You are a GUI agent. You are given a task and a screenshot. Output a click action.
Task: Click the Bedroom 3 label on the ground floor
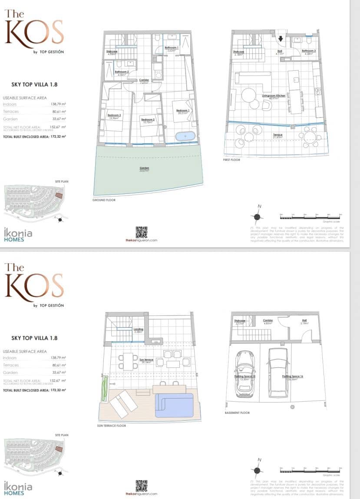pos(115,116)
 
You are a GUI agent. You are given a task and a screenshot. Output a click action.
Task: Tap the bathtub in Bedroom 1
pos(186,136)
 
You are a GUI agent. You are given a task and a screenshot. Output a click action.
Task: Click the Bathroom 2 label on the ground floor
pos(122,73)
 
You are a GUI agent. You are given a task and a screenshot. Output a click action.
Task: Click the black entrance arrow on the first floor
pos(281,39)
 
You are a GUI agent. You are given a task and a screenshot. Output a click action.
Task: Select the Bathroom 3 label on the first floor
pos(309,51)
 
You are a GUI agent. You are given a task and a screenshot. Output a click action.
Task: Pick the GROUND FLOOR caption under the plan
pos(104,200)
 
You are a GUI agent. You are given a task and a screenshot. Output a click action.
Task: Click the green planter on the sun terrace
pos(104,389)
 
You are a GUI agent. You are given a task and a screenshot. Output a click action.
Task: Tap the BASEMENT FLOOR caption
pos(238,413)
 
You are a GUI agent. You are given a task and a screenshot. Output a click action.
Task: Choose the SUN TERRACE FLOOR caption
pos(112,426)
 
